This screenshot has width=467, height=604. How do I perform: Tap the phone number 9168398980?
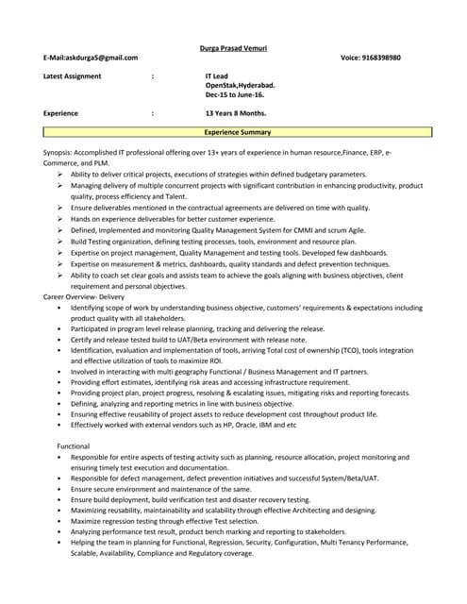[381, 58]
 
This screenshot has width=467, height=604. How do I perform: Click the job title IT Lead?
[218, 75]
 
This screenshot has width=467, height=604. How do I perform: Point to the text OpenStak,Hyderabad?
[241, 85]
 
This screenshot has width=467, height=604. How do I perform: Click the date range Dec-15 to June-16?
[235, 94]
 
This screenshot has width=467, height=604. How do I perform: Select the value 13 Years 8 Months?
[238, 113]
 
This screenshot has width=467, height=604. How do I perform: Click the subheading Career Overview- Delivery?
[84, 296]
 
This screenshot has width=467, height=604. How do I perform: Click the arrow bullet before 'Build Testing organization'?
[60, 242]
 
